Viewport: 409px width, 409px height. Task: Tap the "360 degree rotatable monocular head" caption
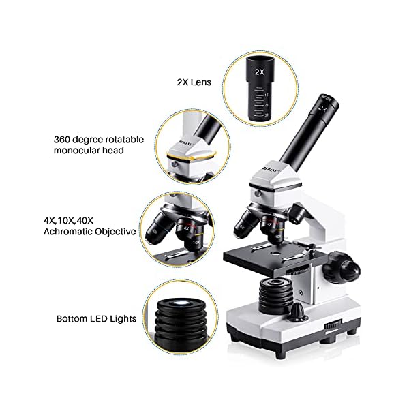(x=99, y=144)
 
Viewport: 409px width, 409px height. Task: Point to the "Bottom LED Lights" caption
(x=97, y=318)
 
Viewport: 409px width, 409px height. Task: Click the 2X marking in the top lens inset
(x=259, y=71)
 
